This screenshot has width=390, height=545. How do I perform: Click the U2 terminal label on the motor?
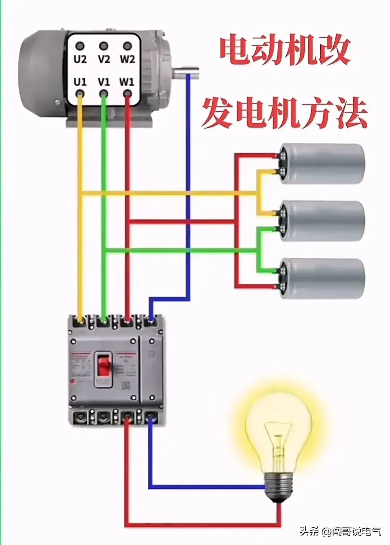pos(80,59)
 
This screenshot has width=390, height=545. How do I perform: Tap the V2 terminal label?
pos(104,59)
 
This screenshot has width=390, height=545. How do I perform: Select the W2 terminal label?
pos(127,59)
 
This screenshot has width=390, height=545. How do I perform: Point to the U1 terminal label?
pos(80,82)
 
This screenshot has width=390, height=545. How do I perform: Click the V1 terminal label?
pos(104,82)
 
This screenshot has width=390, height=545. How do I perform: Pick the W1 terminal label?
pos(127,82)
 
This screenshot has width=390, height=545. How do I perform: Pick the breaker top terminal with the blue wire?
pos(151,320)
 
